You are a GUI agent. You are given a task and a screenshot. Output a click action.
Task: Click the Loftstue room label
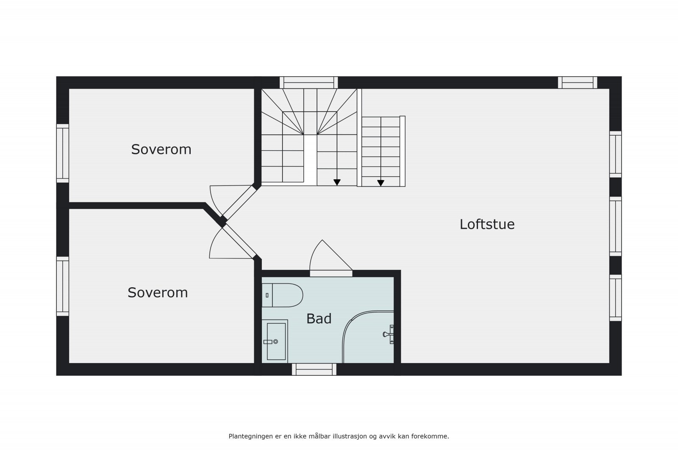[x=487, y=224]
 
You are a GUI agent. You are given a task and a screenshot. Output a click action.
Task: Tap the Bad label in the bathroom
[x=319, y=319]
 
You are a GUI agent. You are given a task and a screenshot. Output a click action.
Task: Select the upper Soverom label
[x=161, y=150]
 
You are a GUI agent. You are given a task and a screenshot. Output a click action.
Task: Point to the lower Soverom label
[x=158, y=293]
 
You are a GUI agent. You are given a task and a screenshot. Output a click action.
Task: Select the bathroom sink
[x=276, y=341]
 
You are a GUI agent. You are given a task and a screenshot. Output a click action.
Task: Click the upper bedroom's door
[x=237, y=203]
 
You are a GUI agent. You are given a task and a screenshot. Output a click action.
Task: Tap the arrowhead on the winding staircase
[x=337, y=182]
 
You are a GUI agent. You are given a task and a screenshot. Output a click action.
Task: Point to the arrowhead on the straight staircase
[x=381, y=183]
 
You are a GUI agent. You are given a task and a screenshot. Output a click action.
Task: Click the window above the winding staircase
[x=308, y=82]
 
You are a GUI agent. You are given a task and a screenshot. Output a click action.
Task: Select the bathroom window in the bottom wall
[x=314, y=369]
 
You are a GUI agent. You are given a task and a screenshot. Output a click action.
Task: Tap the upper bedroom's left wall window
[x=63, y=153]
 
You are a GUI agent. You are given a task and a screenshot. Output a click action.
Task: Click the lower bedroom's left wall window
[x=63, y=286]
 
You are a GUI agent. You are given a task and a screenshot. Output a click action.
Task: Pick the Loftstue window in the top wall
[x=577, y=82]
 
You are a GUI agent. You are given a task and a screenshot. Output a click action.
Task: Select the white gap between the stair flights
[x=311, y=160]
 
